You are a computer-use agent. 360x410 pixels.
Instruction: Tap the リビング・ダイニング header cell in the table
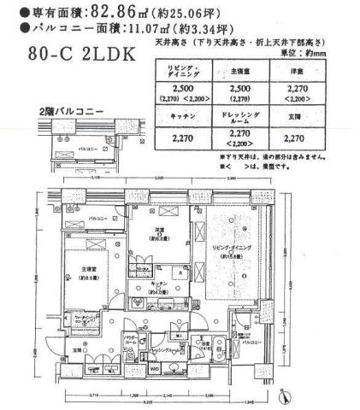[x=184, y=70]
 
